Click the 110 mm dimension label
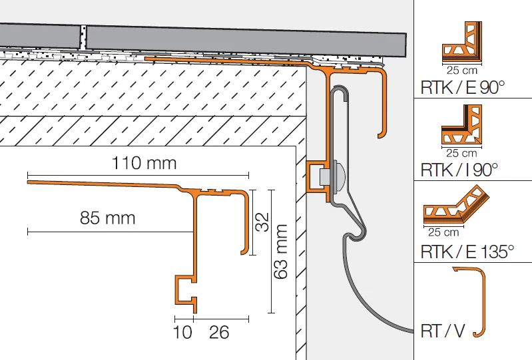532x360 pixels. point(144,163)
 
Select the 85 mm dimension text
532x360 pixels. point(108,218)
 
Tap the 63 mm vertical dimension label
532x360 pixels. point(280,252)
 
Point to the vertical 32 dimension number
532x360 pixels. point(262,222)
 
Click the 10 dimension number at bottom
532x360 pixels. point(182,332)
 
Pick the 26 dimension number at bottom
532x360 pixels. point(219,332)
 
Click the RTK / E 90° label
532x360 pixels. point(463,87)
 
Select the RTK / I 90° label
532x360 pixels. point(459,170)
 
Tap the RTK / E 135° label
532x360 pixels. point(467,252)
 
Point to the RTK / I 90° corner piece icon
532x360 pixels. point(461,124)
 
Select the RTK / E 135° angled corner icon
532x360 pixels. point(456,206)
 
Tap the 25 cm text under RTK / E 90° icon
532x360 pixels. point(462,71)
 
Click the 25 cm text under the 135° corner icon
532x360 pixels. point(443,232)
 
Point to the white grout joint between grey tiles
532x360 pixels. point(83,37)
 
